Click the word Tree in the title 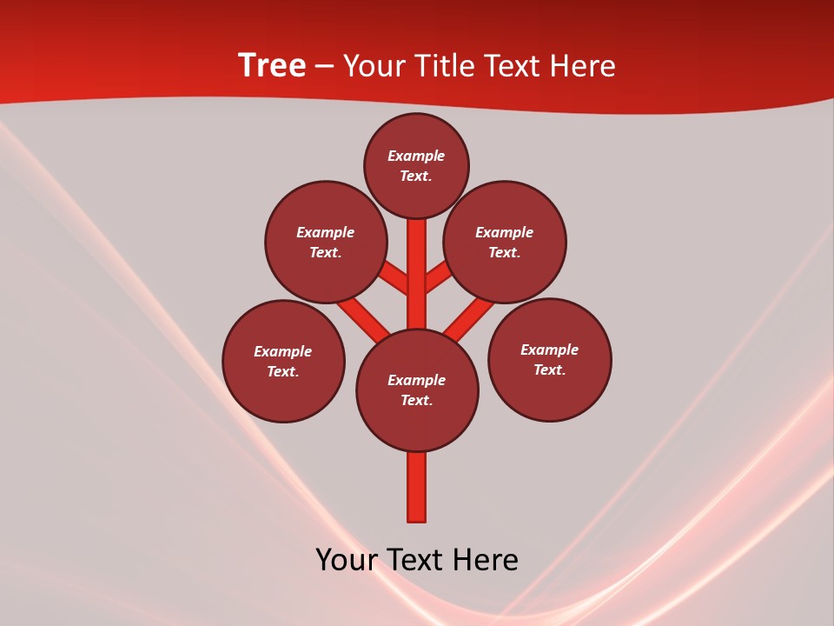click(272, 66)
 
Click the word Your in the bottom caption click(347, 560)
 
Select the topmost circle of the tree click(416, 166)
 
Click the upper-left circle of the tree click(326, 243)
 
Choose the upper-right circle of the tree click(505, 243)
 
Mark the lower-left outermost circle click(283, 362)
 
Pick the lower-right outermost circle click(549, 360)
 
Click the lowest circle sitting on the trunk click(417, 390)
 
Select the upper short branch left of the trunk click(395, 279)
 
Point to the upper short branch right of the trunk click(438, 278)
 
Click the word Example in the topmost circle click(416, 156)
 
